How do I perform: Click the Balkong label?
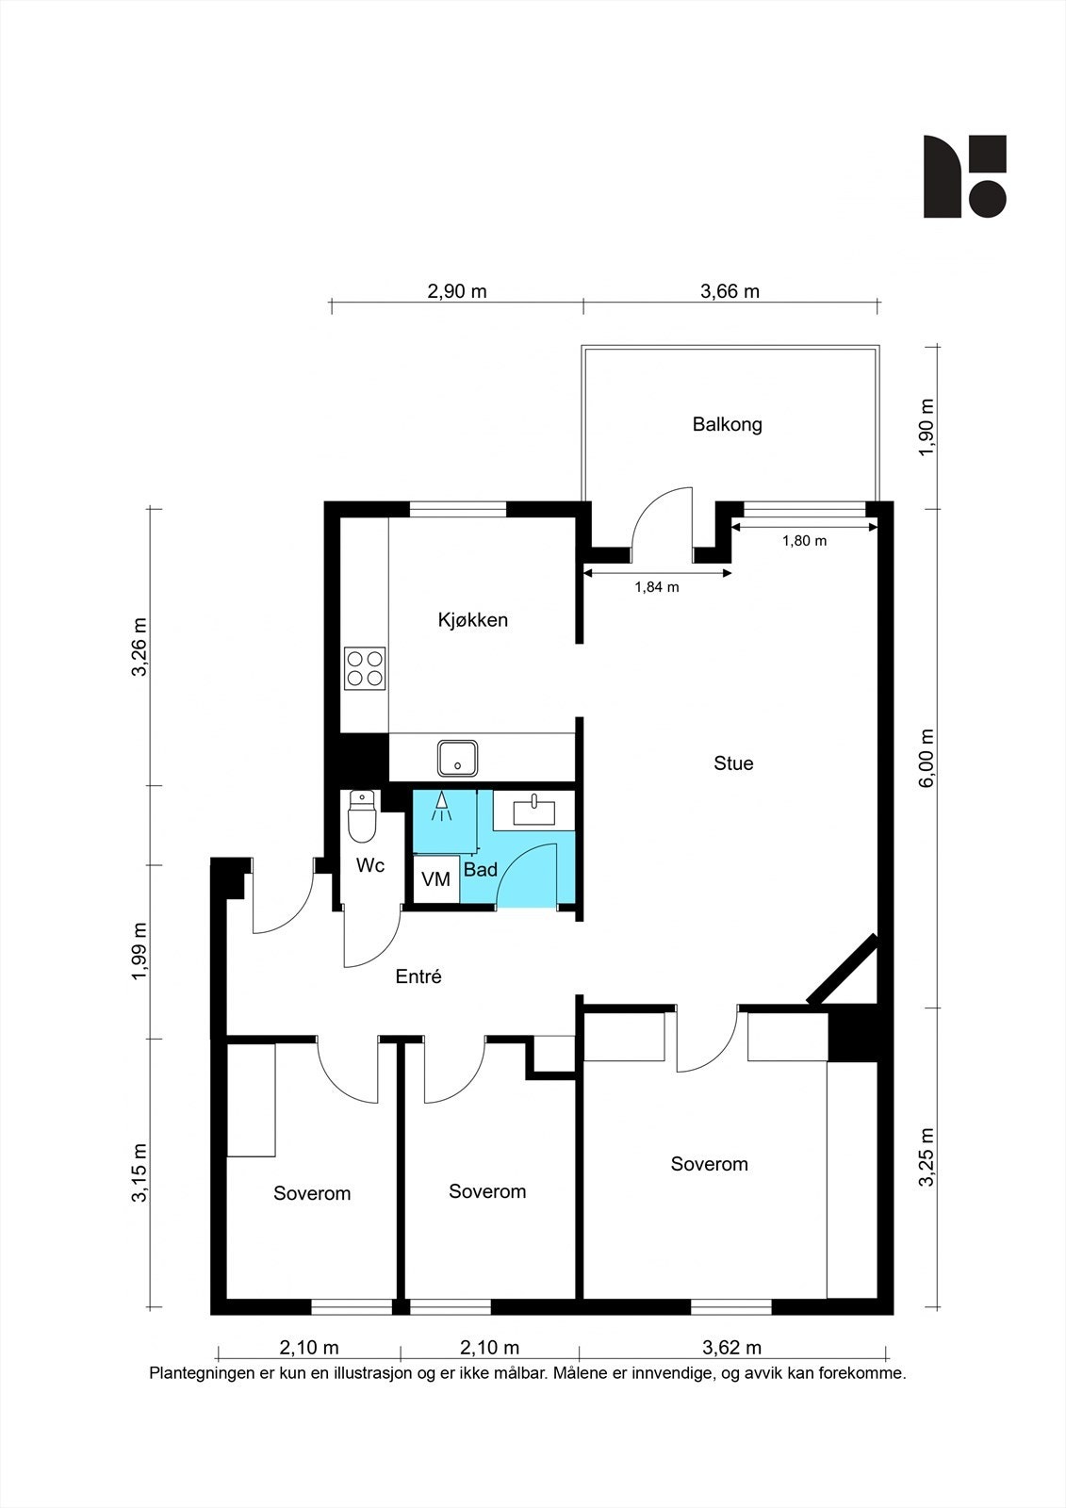pyautogui.click(x=727, y=424)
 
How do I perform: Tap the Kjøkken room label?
pyautogui.click(x=472, y=620)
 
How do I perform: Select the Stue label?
pyautogui.click(x=733, y=763)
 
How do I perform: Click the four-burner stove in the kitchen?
pyautogui.click(x=364, y=667)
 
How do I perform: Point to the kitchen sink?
pyautogui.click(x=457, y=757)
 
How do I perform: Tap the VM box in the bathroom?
pyautogui.click(x=435, y=879)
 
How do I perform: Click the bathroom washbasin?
pyautogui.click(x=533, y=810)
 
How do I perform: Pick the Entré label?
pyautogui.click(x=418, y=977)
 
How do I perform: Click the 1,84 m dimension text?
pyautogui.click(x=656, y=587)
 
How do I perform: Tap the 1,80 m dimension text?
pyautogui.click(x=804, y=541)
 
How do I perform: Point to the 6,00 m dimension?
pyautogui.click(x=927, y=758)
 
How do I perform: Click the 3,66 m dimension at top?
pyautogui.click(x=730, y=291)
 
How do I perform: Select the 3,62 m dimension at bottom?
pyautogui.click(x=731, y=1348)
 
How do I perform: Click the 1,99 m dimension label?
pyautogui.click(x=139, y=951)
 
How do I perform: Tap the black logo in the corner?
pyautogui.click(x=964, y=176)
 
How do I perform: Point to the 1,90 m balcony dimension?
pyautogui.click(x=927, y=427)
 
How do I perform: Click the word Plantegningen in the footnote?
pyautogui.click(x=201, y=1373)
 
